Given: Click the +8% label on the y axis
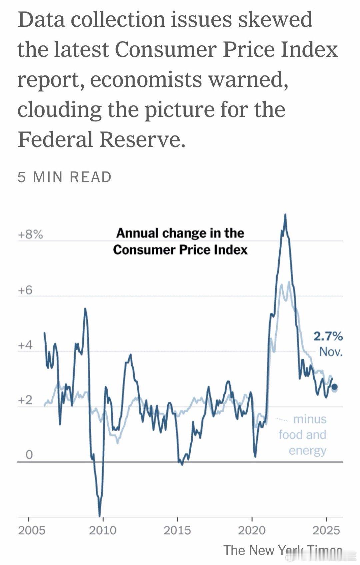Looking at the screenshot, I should point(30,235).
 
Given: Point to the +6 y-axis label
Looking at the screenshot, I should point(25,290).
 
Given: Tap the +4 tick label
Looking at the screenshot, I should point(25,345).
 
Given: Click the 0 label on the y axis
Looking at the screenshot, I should point(29,454).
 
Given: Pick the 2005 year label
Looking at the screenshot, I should point(31,530).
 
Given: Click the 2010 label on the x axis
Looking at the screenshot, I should point(103,530).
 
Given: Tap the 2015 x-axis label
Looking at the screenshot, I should point(177,530).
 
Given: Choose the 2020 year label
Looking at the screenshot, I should point(252,530).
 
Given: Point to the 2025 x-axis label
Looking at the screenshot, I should point(326,530).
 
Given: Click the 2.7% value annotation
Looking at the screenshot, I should point(328,337).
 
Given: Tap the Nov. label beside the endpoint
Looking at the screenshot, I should point(331,352).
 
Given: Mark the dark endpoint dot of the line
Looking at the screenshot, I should point(335,387).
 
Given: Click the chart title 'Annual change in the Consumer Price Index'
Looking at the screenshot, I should point(180,241).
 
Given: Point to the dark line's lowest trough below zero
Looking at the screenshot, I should point(100,516).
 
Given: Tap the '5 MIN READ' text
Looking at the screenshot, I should point(65,177).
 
